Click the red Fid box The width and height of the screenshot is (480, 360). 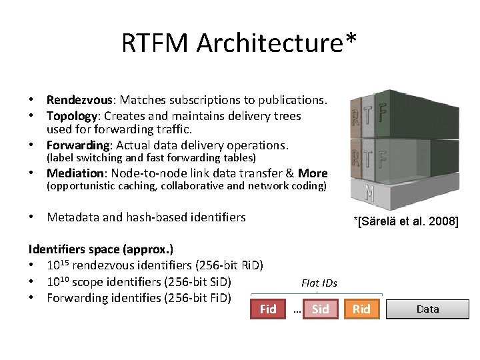[268, 309]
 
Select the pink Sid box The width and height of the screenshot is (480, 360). [320, 309]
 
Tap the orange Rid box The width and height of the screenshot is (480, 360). [361, 309]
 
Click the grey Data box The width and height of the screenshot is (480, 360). [427, 309]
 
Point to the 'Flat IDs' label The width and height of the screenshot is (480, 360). [319, 283]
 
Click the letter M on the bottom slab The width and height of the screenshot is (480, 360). [369, 193]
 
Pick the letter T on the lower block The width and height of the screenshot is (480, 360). [369, 159]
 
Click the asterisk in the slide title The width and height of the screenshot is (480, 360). [351, 40]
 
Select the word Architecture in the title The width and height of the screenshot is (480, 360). [269, 43]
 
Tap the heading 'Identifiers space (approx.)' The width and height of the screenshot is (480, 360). [101, 249]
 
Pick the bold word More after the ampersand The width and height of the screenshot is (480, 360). [313, 173]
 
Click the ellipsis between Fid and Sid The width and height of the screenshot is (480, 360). [297, 311]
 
